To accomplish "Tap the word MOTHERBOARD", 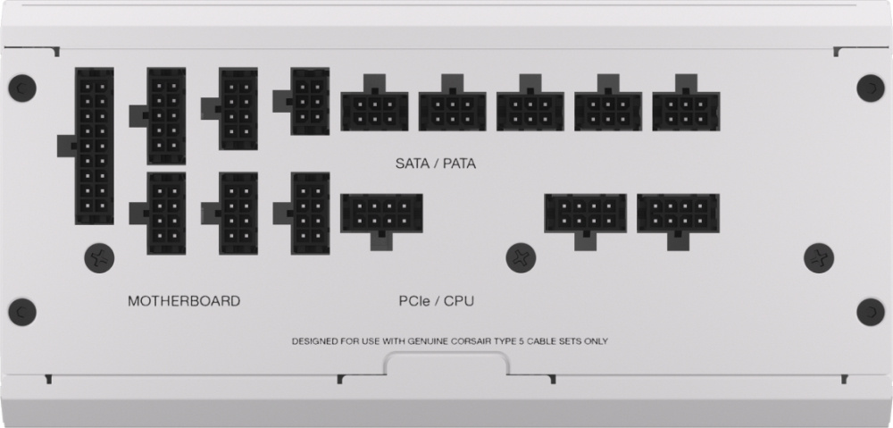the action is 184,301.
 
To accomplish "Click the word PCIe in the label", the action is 412,301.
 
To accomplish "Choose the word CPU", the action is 458,301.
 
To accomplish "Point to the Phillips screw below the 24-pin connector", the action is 99,258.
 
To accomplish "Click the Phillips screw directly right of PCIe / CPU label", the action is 521,257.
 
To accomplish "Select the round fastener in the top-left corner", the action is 22,88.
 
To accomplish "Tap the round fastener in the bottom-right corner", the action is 871,313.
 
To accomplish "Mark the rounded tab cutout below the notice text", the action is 446,363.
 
